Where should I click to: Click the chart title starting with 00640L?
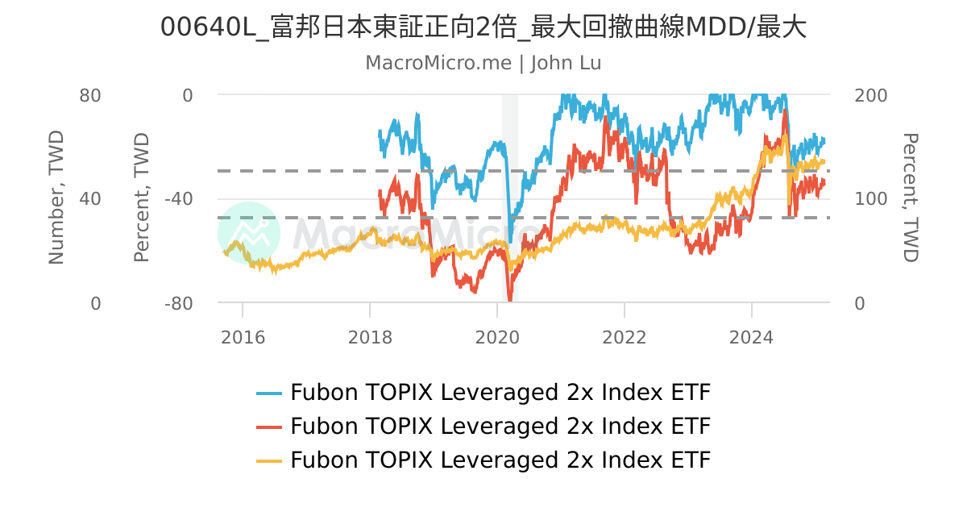[x=483, y=27]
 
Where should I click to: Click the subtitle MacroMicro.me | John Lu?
[x=483, y=63]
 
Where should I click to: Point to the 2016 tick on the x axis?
[x=243, y=336]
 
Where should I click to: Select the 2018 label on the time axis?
[x=370, y=336]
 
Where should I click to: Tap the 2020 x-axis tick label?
[x=497, y=336]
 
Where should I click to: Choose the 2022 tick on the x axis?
[x=625, y=336]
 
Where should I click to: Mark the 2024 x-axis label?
[x=752, y=336]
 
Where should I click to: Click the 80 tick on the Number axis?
[x=90, y=95]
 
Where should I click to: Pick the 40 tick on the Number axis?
[x=90, y=199]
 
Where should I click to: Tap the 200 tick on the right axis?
[x=870, y=95]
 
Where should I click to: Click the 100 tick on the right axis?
[x=870, y=199]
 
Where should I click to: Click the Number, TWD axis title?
[x=56, y=199]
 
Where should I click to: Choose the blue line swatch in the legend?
[x=269, y=393]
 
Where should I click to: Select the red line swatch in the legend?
[x=269, y=427]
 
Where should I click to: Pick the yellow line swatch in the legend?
[x=269, y=460]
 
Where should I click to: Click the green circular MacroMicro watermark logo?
[x=249, y=233]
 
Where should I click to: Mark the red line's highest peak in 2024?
[x=784, y=112]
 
